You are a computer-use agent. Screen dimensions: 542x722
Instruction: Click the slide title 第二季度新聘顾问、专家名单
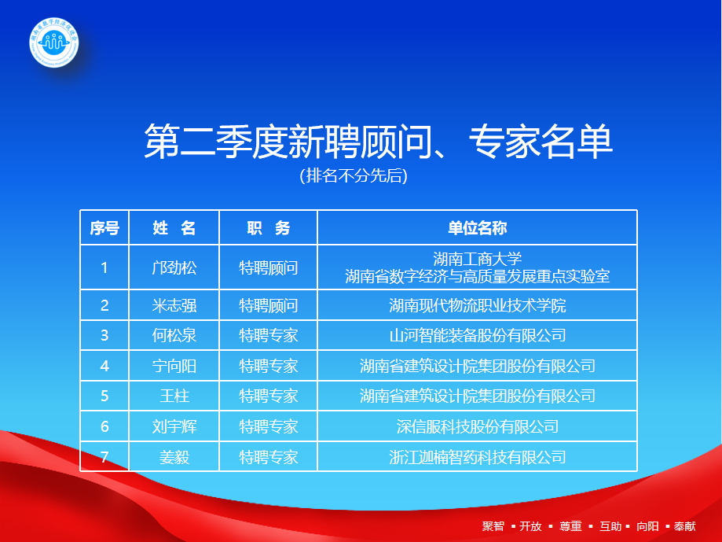[x=378, y=142]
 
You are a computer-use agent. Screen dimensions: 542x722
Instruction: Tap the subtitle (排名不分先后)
[x=354, y=175]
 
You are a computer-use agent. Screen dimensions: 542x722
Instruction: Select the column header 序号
[x=104, y=228]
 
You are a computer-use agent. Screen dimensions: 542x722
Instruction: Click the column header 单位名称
[x=477, y=228]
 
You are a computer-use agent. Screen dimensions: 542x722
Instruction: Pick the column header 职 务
[x=269, y=228]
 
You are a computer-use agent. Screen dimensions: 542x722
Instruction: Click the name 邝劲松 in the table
[x=174, y=267]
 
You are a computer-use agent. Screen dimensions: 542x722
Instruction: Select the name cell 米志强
[x=174, y=305]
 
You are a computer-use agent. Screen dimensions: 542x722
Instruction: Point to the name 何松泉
[x=174, y=336]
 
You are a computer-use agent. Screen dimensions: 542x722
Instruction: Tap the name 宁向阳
[x=174, y=366]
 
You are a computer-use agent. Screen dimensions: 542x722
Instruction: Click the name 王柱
[x=174, y=396]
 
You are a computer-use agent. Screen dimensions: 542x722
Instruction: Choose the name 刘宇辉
[x=174, y=426]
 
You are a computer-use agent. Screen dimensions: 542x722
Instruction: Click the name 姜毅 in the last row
[x=174, y=456]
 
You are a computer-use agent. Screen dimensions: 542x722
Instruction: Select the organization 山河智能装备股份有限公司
[x=477, y=336]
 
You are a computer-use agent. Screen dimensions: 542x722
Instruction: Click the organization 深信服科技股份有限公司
[x=477, y=426]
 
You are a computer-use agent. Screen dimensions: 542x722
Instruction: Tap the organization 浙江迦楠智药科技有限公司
[x=477, y=456]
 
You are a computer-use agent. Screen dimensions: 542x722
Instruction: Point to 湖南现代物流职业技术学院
[x=477, y=305]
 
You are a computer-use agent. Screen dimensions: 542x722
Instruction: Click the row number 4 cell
[x=104, y=366]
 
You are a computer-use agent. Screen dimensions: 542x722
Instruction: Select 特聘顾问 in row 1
[x=269, y=267]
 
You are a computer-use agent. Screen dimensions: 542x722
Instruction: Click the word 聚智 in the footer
[x=493, y=526]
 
